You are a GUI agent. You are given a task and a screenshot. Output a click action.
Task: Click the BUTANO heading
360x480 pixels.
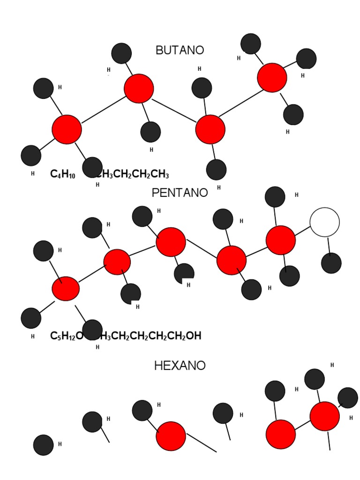tap(180, 50)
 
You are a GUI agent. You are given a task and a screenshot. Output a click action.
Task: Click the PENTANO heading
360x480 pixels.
tap(180, 193)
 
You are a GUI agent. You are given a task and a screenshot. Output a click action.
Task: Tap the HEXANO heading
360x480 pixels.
tap(180, 366)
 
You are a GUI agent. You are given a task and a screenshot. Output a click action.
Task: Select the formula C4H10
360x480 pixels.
tap(62, 175)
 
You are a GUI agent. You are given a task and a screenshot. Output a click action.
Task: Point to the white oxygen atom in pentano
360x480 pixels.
tap(325, 222)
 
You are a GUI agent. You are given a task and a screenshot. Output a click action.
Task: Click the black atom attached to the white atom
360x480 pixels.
tap(331, 263)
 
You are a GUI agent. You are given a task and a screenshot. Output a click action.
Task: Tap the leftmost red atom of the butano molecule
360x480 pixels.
tap(67, 129)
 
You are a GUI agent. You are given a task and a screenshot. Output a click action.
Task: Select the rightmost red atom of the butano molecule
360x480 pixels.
tap(272, 78)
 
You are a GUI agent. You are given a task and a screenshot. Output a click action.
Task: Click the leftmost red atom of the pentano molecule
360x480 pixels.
tap(66, 288)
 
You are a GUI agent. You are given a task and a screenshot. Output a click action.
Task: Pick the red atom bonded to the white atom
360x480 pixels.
tap(281, 240)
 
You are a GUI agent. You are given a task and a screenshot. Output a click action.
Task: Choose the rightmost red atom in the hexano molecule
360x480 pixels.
tap(324, 416)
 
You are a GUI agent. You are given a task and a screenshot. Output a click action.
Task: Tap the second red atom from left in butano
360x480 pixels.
tap(139, 88)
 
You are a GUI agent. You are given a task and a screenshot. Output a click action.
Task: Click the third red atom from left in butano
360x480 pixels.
tap(210, 129)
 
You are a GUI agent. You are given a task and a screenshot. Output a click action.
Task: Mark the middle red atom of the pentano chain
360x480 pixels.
tap(171, 242)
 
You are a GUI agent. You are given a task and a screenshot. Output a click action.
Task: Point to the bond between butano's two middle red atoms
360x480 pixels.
tap(174, 109)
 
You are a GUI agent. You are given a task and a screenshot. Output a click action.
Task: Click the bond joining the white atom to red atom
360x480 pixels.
tap(303, 231)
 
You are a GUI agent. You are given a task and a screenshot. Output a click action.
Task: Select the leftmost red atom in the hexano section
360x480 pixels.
tap(171, 436)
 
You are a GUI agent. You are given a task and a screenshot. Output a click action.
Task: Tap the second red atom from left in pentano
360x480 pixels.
tap(117, 262)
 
